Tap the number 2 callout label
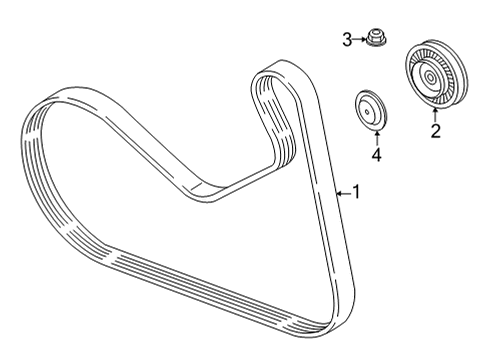click(435, 129)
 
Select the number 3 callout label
click(347, 40)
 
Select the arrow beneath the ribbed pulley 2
click(435, 112)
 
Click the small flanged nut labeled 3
click(376, 40)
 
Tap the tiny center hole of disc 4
click(371, 109)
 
